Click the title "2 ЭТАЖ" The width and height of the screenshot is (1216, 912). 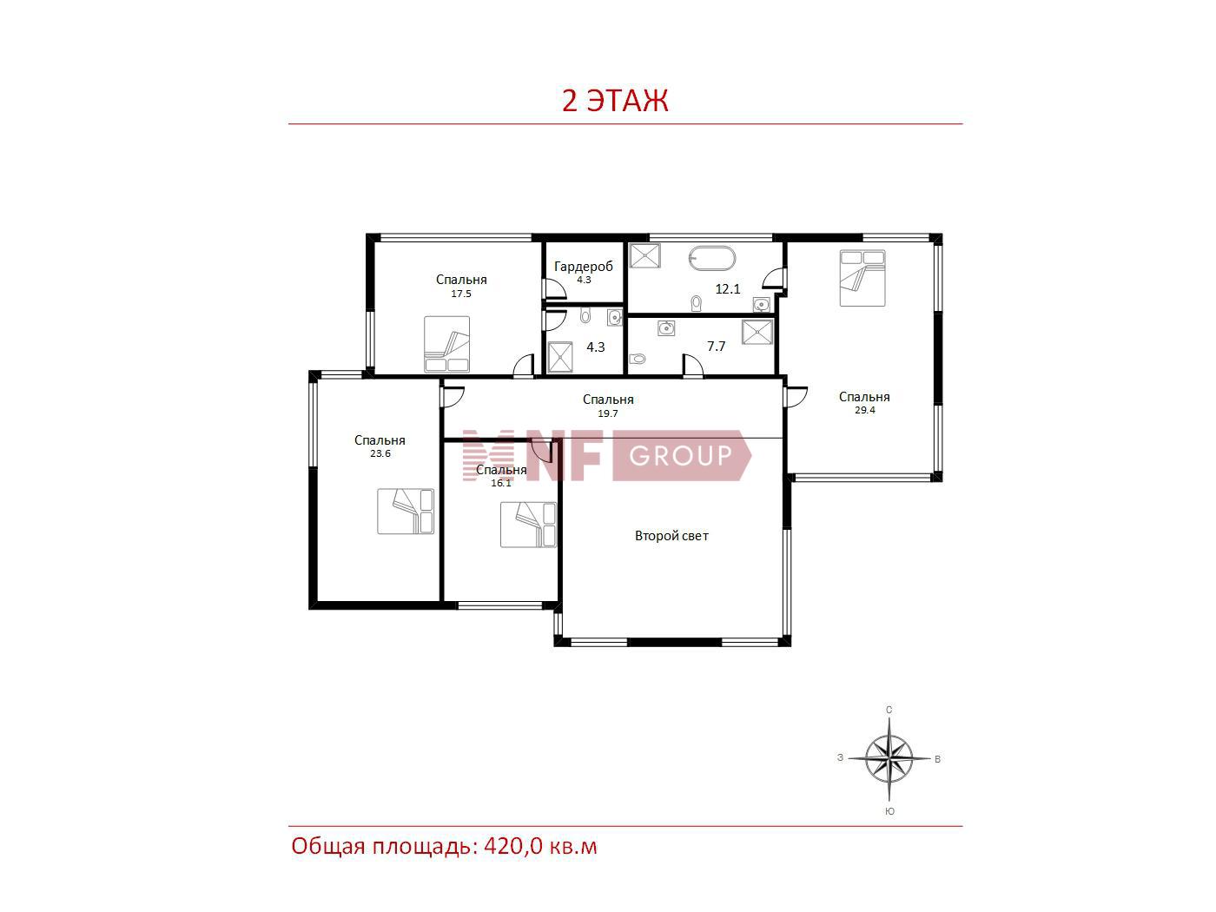click(614, 101)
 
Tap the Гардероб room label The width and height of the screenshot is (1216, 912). click(584, 267)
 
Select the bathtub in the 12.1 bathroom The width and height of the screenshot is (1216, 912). click(712, 259)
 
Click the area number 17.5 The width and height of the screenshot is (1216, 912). click(461, 294)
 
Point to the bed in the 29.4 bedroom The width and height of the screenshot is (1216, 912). click(862, 278)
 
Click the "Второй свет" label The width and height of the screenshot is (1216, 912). click(671, 535)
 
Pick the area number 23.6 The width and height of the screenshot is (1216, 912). click(380, 453)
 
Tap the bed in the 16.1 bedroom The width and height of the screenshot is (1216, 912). click(528, 525)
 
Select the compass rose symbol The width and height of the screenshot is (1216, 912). click(889, 758)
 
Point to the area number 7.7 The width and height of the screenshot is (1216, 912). click(716, 347)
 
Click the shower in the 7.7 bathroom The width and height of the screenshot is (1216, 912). click(757, 332)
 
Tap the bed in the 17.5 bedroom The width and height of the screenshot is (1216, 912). click(446, 344)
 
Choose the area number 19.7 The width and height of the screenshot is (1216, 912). click(608, 413)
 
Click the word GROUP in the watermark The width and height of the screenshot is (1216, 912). click(680, 455)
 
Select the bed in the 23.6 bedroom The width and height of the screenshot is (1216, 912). click(406, 511)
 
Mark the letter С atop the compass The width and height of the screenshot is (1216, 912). click(889, 710)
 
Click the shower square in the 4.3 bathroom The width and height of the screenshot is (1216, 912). click(560, 357)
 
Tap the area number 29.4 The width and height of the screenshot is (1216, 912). click(865, 410)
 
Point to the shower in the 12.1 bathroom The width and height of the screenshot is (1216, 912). click(645, 255)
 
